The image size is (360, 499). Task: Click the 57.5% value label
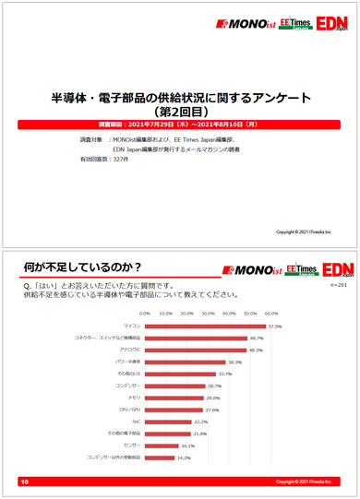coord(274,326)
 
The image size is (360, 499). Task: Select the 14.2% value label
coord(184,457)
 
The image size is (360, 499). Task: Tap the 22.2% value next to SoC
coord(200,421)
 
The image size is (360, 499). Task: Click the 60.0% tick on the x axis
coord(271,313)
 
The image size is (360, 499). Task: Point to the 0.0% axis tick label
coord(144,313)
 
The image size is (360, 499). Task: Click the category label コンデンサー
coord(125,385)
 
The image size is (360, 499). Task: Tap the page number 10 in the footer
coord(24,481)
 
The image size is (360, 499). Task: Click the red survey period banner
coord(179,124)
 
